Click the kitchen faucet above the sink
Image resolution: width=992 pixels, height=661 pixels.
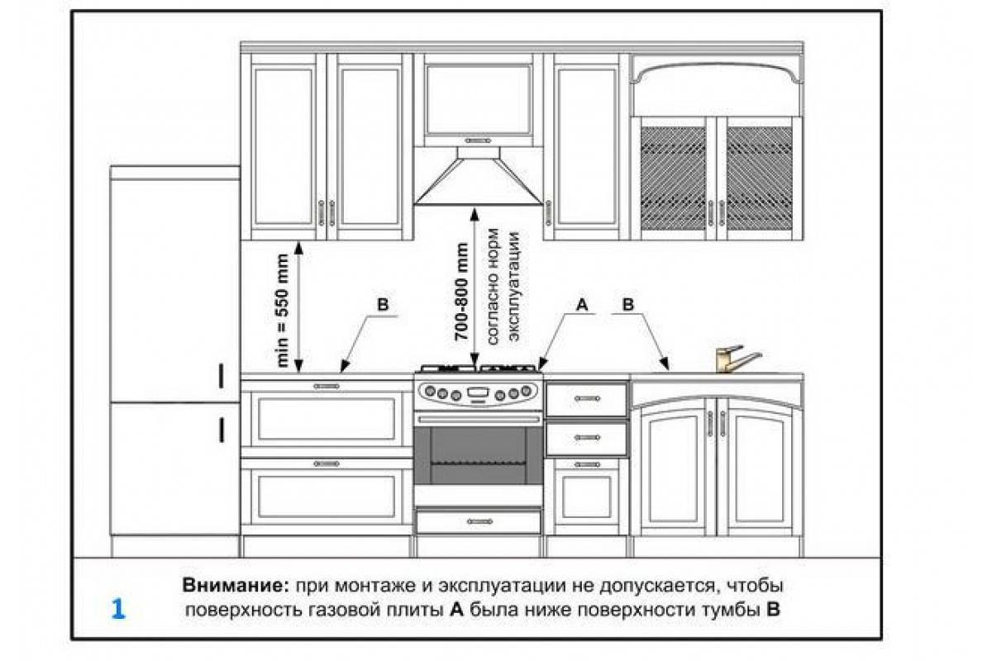click(x=735, y=359)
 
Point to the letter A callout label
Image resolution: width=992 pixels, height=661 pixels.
click(x=581, y=305)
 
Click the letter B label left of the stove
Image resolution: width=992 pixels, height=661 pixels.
click(x=383, y=304)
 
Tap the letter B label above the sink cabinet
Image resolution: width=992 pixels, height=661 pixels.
click(x=628, y=305)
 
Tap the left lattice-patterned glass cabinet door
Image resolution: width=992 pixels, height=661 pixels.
click(x=672, y=176)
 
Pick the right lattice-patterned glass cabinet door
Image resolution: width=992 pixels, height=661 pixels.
click(x=759, y=176)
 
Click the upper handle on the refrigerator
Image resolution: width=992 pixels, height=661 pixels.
click(x=222, y=376)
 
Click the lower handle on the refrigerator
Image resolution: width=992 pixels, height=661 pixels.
click(x=222, y=430)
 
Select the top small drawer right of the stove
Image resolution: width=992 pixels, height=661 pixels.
click(x=586, y=399)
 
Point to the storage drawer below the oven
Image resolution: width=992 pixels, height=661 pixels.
click(x=479, y=521)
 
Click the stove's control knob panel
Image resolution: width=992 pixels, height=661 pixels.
click(x=479, y=392)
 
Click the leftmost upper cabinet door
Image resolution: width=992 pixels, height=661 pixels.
click(x=284, y=146)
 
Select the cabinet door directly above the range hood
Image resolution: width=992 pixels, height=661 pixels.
click(x=478, y=100)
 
